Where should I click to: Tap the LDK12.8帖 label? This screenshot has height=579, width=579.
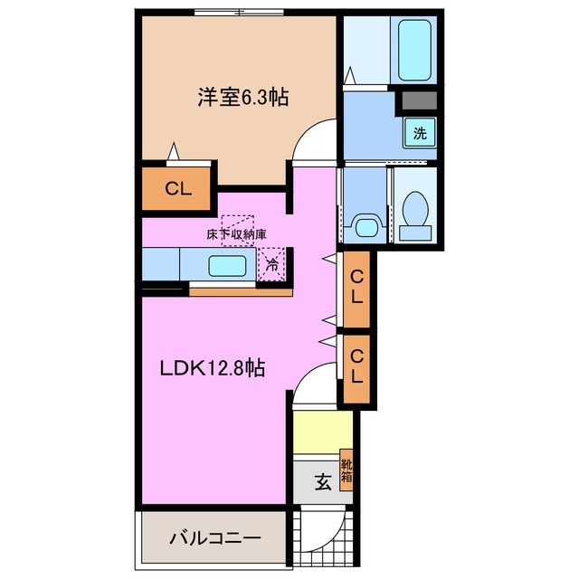click(214, 368)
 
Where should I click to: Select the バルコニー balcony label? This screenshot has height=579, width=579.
click(215, 537)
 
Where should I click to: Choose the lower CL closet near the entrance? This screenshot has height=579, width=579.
click(357, 369)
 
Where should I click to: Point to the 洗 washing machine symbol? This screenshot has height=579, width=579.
click(420, 133)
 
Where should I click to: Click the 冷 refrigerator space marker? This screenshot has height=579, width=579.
click(271, 265)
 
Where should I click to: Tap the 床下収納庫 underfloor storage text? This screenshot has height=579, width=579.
click(236, 234)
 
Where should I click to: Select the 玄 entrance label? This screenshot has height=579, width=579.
click(322, 482)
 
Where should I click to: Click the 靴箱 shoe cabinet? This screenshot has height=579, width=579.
click(346, 470)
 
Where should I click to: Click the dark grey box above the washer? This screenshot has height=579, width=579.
click(420, 100)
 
